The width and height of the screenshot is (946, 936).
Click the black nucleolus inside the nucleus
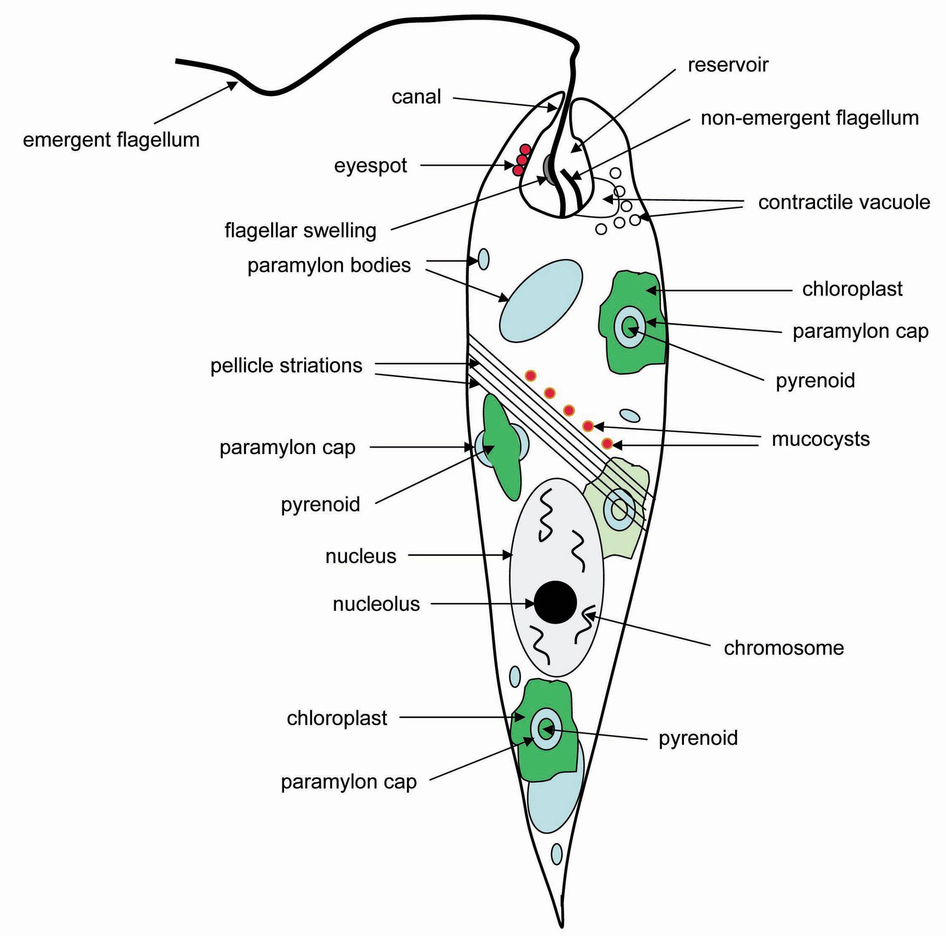click(555, 602)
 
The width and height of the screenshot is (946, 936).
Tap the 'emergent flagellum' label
click(111, 140)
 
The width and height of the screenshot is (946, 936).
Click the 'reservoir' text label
click(728, 65)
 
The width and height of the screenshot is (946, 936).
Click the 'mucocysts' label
click(821, 439)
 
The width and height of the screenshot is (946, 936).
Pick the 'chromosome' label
click(784, 648)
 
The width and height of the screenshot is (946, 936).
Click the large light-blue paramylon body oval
click(540, 300)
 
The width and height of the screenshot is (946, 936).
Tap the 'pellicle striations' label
click(286, 366)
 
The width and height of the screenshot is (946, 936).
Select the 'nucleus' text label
click(361, 556)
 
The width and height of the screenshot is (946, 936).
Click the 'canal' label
click(416, 97)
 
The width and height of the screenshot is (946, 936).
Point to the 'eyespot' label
click(370, 165)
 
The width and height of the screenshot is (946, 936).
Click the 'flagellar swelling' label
click(300, 230)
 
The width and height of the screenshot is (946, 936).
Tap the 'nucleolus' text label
click(376, 604)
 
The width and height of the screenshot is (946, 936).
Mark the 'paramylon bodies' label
click(329, 266)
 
